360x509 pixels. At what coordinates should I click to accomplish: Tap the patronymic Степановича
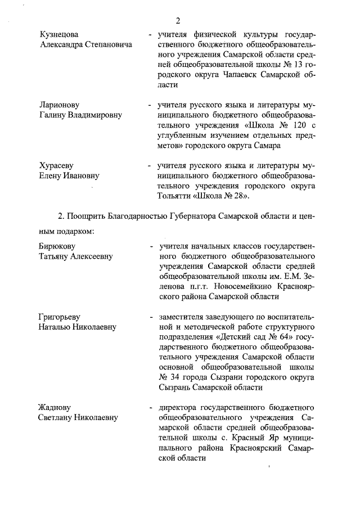click(108, 45)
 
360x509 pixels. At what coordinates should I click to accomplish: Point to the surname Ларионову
click(59, 105)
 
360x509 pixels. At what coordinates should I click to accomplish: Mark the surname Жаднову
click(55, 407)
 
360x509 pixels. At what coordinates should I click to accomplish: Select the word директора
click(179, 407)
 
